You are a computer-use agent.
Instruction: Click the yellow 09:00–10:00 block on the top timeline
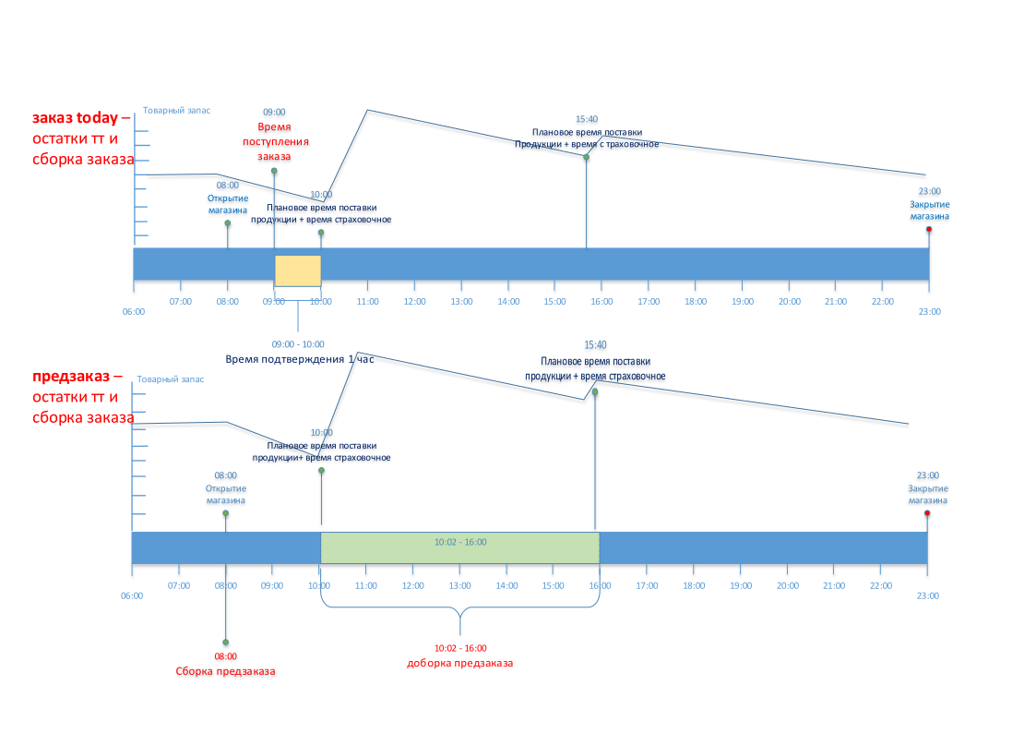point(297,270)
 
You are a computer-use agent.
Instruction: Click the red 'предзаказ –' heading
point(77,377)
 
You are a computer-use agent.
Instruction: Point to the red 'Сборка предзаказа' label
point(226,671)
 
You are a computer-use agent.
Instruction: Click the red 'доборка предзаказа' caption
point(459,664)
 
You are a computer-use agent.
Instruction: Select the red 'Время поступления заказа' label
point(274,143)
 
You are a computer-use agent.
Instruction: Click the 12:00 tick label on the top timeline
point(414,301)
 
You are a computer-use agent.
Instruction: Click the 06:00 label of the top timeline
point(134,311)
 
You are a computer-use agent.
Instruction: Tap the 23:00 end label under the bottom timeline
point(928,595)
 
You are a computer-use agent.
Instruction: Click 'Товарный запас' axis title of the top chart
point(176,110)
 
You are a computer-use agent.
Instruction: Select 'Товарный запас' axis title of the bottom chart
point(171,379)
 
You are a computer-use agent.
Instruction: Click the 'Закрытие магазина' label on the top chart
point(929,211)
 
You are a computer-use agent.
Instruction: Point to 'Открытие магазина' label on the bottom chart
point(226,495)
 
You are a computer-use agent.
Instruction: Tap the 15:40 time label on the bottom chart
point(596,345)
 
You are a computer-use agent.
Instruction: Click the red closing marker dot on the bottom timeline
point(927,514)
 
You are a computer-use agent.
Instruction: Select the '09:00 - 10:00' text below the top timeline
point(298,344)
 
